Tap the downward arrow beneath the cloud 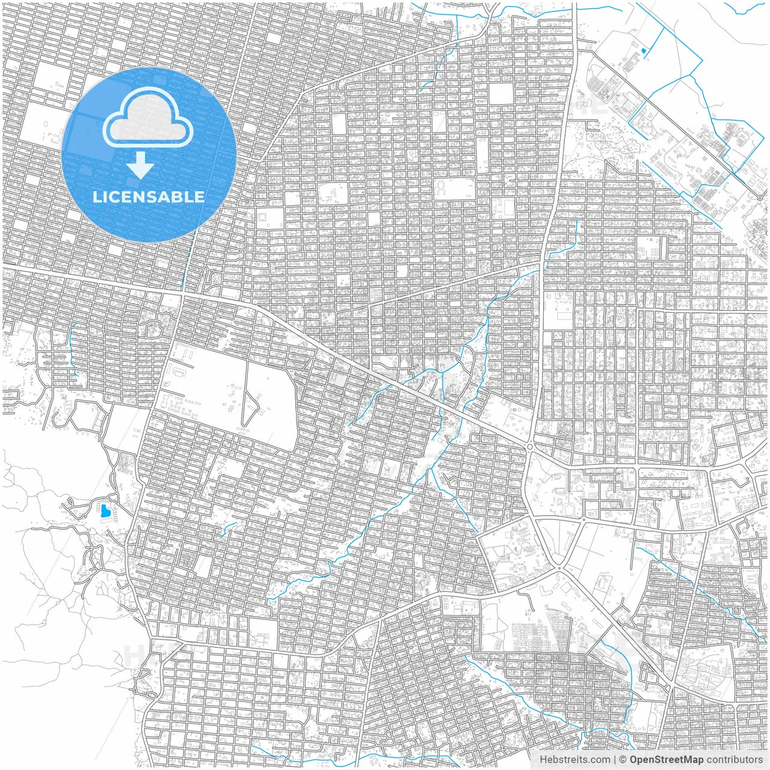coord(141,165)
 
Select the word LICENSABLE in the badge coord(148,197)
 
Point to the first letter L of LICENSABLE coord(96,197)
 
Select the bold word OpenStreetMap coord(667,760)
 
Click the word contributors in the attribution coord(734,760)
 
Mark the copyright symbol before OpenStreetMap coord(624,760)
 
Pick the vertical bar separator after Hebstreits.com coord(615,760)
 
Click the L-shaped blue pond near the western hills coord(105,512)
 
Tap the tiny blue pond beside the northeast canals coord(644,51)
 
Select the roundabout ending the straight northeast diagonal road coord(760,197)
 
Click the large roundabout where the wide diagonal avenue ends coord(530,446)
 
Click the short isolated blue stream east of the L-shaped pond coord(229,529)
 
